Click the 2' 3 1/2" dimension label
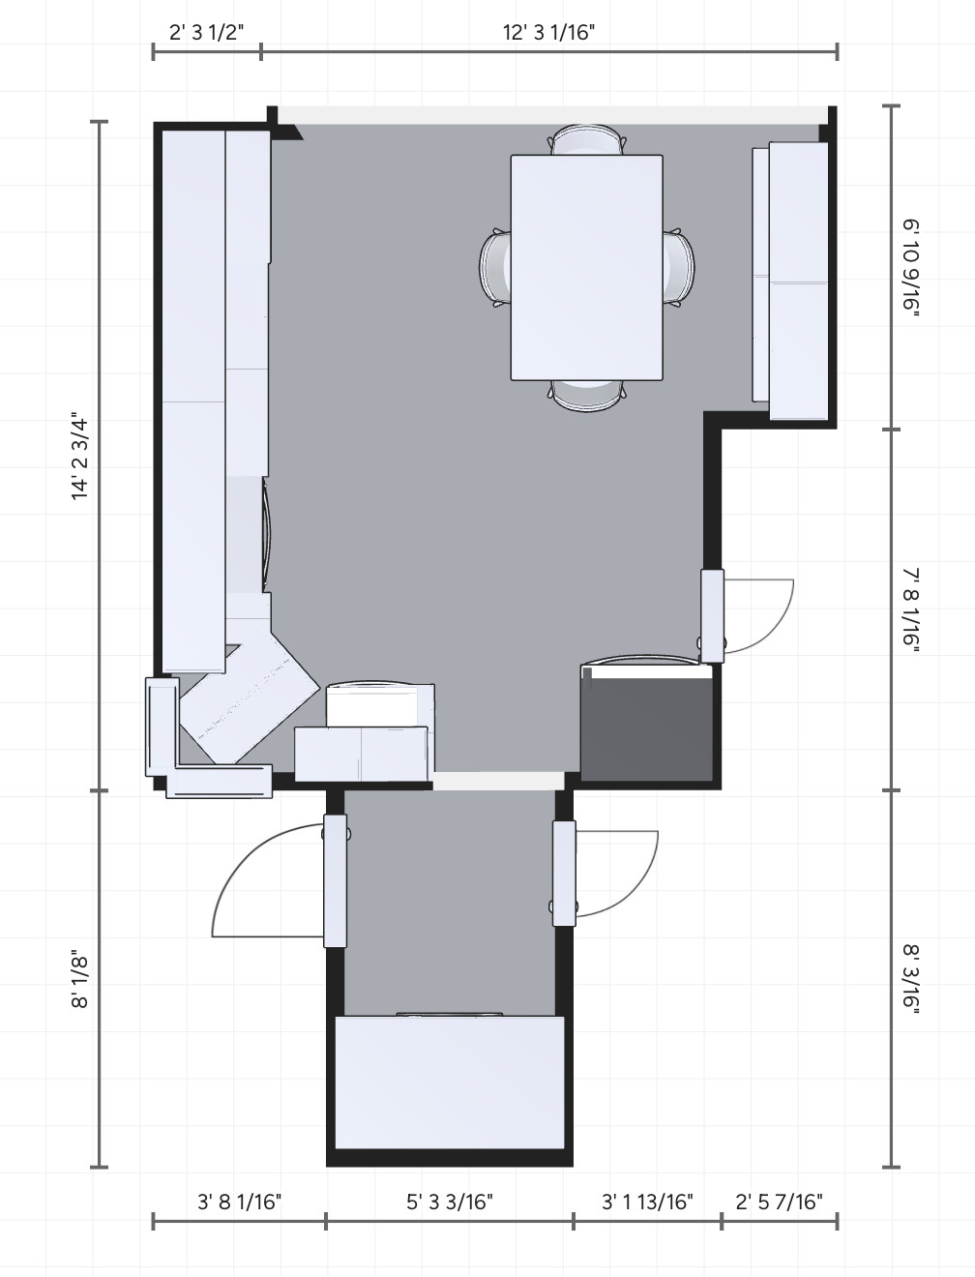[x=206, y=32]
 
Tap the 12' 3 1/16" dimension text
[x=548, y=32]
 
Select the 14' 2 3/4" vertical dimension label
[x=79, y=456]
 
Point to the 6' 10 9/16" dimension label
[x=911, y=267]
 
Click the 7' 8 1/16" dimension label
[x=911, y=609]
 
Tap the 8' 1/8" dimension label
[x=79, y=979]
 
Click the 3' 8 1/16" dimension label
[x=240, y=1201]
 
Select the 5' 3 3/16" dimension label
[x=450, y=1201]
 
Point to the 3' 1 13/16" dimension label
[x=647, y=1201]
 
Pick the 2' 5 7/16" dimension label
[x=779, y=1201]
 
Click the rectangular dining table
[x=586, y=268]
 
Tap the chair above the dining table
[x=587, y=139]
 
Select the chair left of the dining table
[x=495, y=268]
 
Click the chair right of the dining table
[x=678, y=268]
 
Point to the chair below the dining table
[x=587, y=396]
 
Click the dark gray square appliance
[x=646, y=722]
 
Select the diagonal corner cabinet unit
[x=250, y=698]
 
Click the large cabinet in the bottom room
[x=450, y=1083]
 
